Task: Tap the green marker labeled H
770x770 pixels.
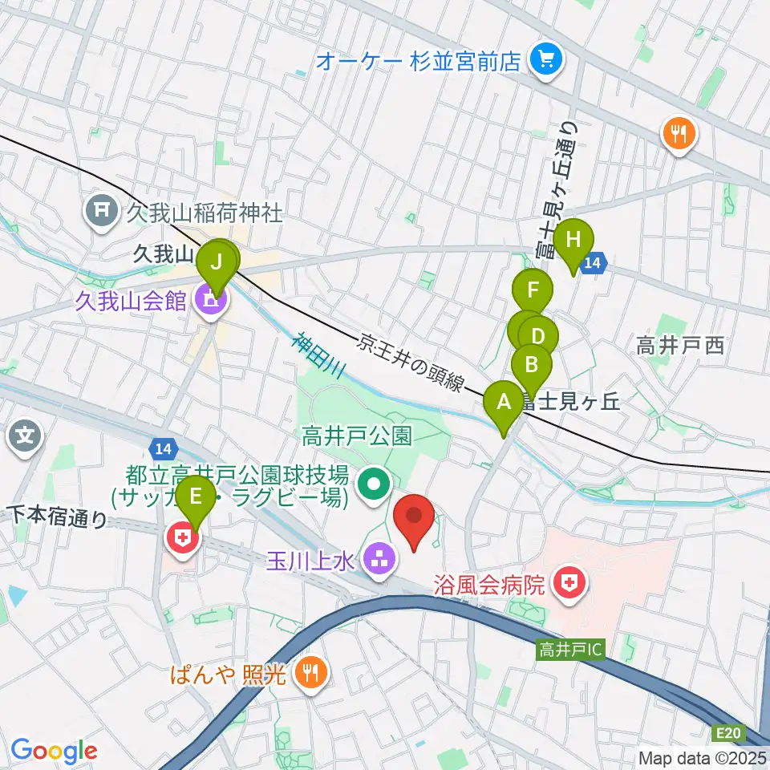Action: coord(573,241)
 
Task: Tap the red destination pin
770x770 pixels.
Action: coord(415,518)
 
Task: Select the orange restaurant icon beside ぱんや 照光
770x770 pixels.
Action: coord(307,672)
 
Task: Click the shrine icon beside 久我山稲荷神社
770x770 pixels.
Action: coord(102,212)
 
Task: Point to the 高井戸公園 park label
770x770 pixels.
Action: coord(357,436)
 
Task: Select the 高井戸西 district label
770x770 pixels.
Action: coord(680,346)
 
